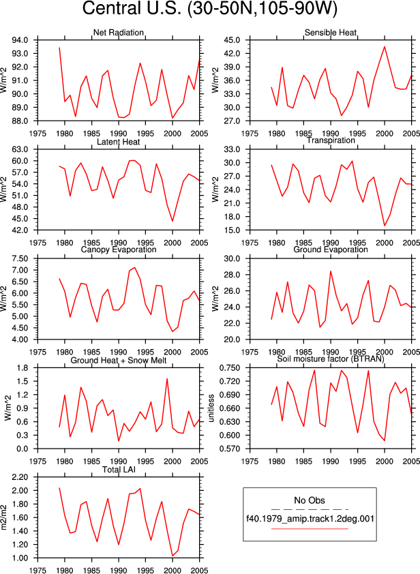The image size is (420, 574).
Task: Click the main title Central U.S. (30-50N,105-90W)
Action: click(209, 8)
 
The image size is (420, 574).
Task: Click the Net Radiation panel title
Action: click(118, 33)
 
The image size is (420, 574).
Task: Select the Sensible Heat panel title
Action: click(331, 33)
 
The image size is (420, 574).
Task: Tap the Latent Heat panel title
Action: click(118, 142)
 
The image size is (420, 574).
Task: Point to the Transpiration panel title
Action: click(331, 140)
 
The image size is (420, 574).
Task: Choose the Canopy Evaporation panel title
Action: click(118, 250)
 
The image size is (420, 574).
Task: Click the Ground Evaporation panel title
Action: click(331, 250)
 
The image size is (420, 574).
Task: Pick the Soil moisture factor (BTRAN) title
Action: click(331, 359)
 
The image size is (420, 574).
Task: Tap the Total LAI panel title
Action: click(119, 469)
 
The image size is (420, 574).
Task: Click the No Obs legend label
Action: click(310, 500)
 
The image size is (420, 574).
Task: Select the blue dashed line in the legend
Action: click(310, 509)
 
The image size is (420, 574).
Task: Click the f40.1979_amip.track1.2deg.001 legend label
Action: click(310, 519)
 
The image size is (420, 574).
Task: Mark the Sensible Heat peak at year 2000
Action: click(385, 46)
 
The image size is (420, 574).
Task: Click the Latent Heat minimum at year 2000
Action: click(172, 221)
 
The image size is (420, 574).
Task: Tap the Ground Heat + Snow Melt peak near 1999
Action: click(167, 379)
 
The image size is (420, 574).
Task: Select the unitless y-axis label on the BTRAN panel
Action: click(211, 408)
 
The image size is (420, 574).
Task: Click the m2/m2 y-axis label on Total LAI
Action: click(4, 517)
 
